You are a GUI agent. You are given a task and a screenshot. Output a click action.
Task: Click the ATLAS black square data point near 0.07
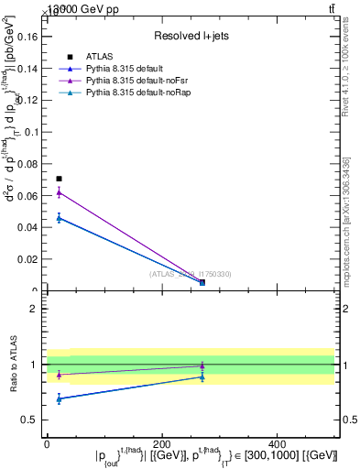[60, 179]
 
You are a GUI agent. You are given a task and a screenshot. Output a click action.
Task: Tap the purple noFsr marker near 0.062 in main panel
[60, 192]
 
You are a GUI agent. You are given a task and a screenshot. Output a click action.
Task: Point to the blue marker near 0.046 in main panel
[60, 218]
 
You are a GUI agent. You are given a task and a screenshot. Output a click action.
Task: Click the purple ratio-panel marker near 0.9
[60, 375]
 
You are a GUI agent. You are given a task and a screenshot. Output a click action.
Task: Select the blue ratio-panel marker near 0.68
[60, 398]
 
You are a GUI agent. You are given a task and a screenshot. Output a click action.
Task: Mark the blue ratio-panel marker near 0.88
[202, 376]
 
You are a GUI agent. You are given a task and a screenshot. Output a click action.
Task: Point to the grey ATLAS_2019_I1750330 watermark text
[190, 274]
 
